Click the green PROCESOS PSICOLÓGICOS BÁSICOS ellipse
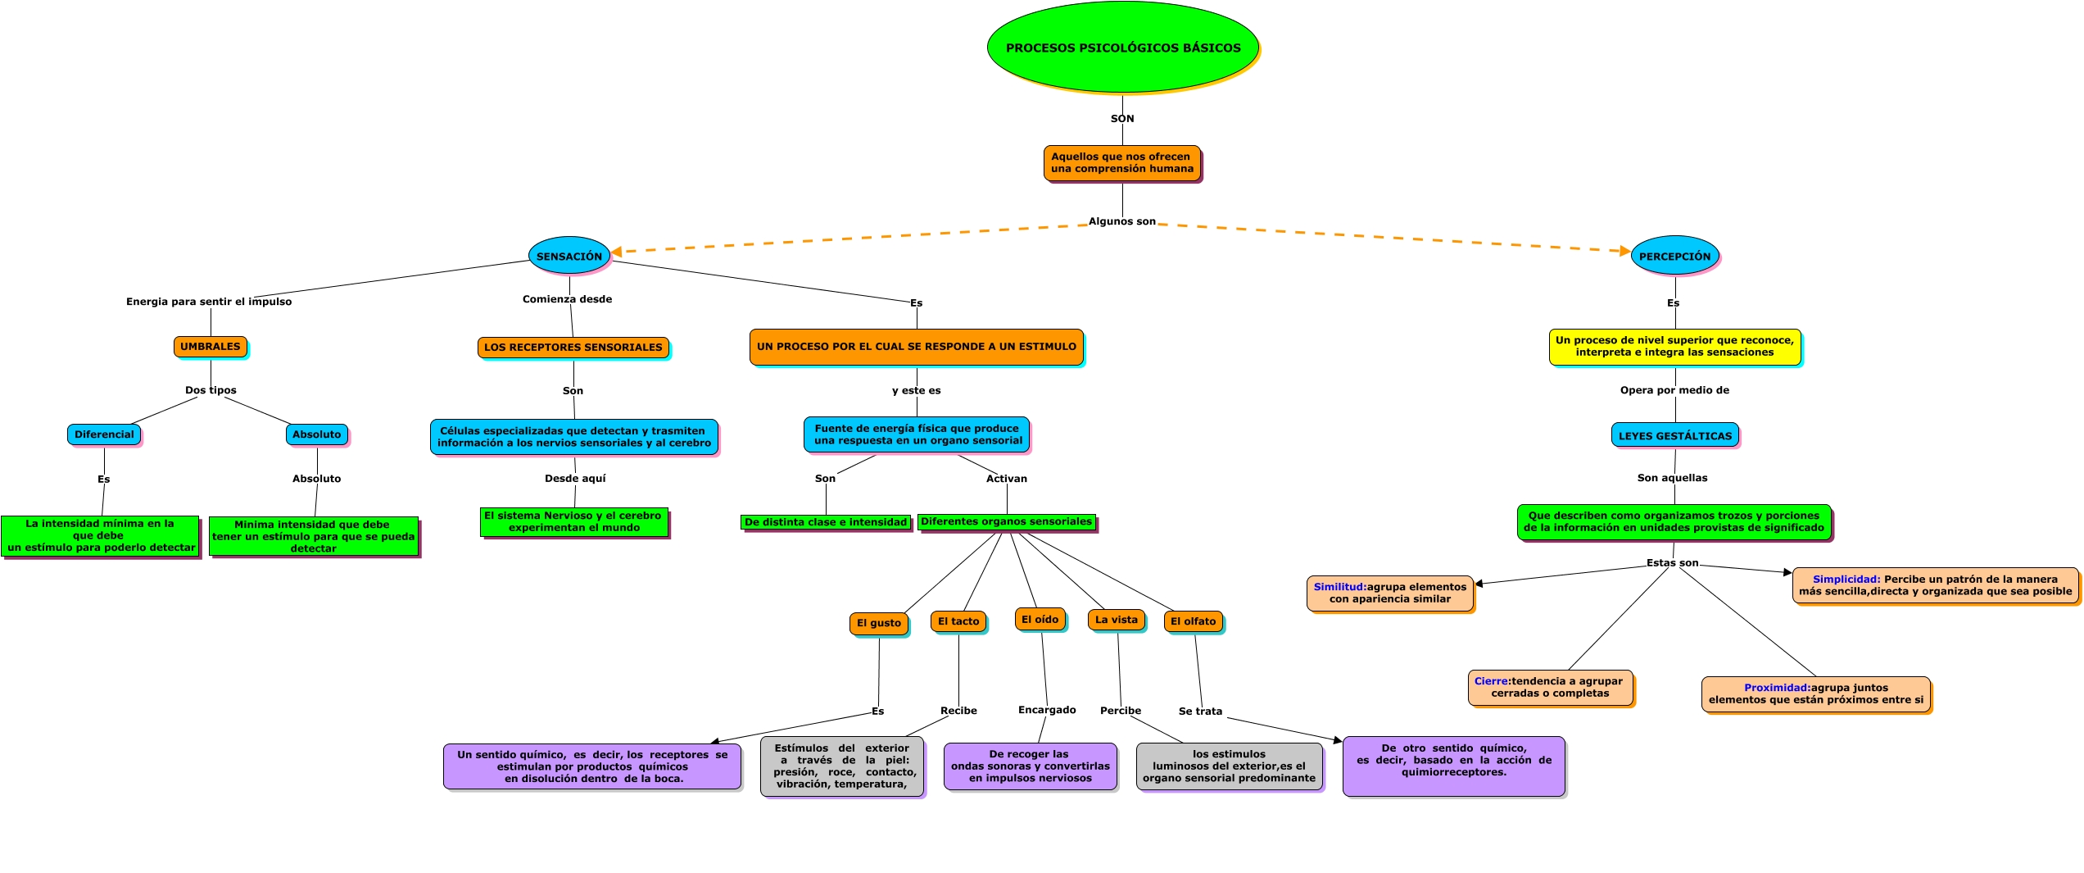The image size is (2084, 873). [x=1122, y=48]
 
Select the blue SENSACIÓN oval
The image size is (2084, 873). [x=569, y=256]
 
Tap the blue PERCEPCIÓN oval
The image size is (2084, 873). [x=1674, y=256]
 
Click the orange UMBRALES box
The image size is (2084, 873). [x=210, y=346]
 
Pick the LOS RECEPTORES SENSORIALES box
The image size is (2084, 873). [x=573, y=347]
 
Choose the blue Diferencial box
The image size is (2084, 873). [x=104, y=434]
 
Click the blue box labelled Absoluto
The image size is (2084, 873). [x=316, y=434]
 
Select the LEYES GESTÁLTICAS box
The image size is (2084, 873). [x=1674, y=435]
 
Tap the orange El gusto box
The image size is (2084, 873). [x=878, y=622]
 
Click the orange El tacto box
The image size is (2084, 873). [x=958, y=621]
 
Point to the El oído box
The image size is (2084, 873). [x=1040, y=619]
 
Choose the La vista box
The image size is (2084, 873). [x=1116, y=619]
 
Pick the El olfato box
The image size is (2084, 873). [x=1193, y=621]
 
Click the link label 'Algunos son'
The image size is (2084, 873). [x=1121, y=221]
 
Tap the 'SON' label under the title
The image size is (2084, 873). [x=1122, y=118]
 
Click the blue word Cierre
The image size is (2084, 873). [x=1491, y=680]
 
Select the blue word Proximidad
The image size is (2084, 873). [x=1776, y=687]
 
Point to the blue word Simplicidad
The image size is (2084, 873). [x=1846, y=579]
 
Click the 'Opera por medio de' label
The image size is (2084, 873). [x=1674, y=389]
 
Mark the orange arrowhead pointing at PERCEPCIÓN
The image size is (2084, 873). [x=1625, y=251]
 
